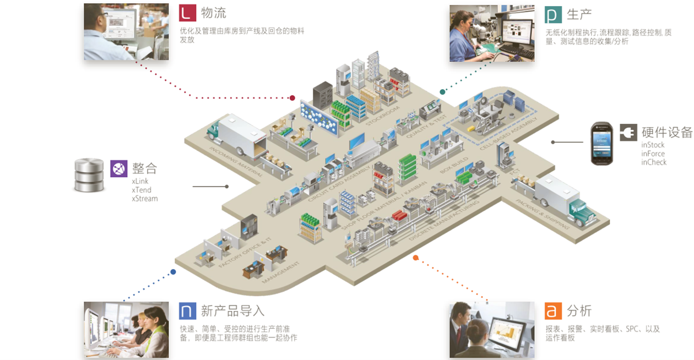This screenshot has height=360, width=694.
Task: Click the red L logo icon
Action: point(188,13)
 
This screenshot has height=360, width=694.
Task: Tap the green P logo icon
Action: point(554,14)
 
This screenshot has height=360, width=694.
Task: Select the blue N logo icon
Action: point(188,310)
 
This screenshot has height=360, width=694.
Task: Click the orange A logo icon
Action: point(554,310)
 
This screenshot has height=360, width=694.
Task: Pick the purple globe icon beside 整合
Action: point(119,168)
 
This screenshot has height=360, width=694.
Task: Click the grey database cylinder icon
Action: point(89,175)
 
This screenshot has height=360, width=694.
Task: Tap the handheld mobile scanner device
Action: point(601,143)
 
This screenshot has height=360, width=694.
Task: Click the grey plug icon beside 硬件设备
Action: point(628,132)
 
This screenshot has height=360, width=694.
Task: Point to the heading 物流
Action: point(214,13)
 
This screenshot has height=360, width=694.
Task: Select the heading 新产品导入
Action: point(233,310)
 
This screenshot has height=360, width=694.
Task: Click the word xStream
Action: point(145,198)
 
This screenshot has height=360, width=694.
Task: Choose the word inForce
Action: point(653,154)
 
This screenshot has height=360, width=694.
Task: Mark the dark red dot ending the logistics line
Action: point(292,98)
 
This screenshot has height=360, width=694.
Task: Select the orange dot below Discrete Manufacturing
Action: point(416,257)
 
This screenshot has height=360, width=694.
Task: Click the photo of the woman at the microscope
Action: point(491,33)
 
